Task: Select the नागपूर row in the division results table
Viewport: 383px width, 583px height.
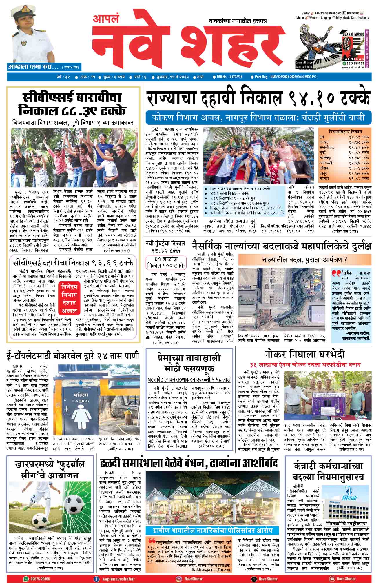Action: click(344, 142)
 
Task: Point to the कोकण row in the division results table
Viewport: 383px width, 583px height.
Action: click(344, 179)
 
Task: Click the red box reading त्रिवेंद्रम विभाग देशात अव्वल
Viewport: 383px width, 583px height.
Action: click(69, 298)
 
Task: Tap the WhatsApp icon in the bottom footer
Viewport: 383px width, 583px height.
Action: click(26, 579)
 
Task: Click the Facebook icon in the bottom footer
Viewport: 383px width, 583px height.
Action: click(96, 579)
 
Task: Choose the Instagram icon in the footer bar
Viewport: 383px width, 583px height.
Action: click(179, 579)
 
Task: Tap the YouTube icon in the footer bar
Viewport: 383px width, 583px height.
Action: click(332, 579)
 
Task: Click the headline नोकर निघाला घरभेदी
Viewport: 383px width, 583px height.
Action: click(305, 354)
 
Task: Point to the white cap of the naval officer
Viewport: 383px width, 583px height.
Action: click(20, 12)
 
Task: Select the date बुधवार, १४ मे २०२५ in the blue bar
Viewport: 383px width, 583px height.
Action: click(171, 77)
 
